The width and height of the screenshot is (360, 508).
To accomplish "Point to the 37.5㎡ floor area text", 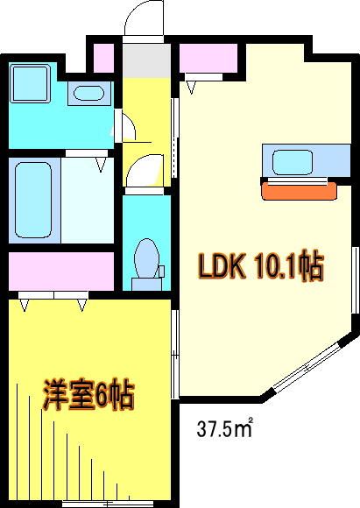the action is click(224, 428).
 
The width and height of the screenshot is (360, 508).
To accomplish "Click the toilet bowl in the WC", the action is click(146, 258).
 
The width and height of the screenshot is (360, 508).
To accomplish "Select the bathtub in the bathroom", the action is click(33, 200).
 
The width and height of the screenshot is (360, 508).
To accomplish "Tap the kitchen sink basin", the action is click(293, 162).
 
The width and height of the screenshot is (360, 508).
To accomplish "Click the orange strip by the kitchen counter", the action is click(299, 192).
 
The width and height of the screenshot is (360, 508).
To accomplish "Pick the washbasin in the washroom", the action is click(88, 93).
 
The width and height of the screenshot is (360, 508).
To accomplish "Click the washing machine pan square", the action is click(30, 83).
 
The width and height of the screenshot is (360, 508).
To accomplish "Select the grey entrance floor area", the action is click(147, 60).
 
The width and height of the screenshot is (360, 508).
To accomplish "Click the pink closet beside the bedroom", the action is click(61, 272).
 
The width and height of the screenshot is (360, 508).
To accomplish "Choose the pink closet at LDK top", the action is click(208, 58).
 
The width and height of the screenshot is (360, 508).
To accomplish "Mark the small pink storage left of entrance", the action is click(103, 58).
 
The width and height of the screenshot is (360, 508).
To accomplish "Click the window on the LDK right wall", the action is click(355, 280).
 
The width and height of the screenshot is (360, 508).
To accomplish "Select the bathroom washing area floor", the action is click(88, 200).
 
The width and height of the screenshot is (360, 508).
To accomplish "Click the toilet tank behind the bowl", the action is click(146, 284).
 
